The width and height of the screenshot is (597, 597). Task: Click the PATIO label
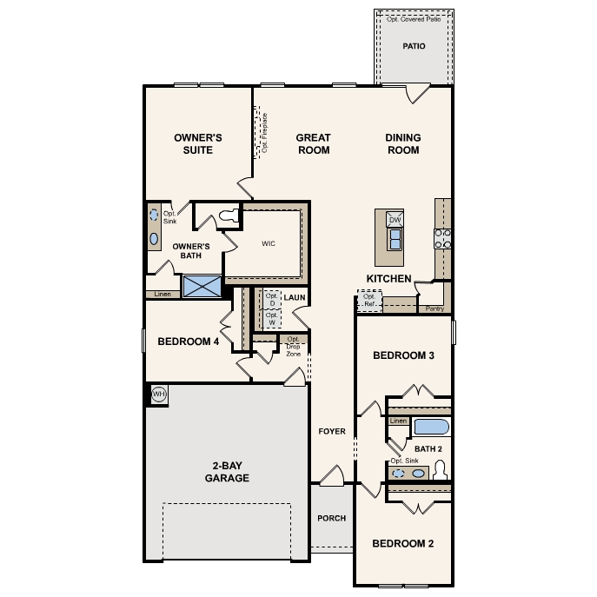tap(414, 46)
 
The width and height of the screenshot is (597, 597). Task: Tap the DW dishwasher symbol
tap(395, 219)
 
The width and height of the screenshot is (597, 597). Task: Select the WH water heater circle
tap(159, 394)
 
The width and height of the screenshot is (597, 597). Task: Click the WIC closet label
tap(269, 243)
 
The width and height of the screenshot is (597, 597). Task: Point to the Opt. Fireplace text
tap(265, 133)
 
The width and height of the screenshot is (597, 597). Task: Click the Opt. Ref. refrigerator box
tap(369, 300)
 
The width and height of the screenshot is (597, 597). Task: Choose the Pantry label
tap(434, 308)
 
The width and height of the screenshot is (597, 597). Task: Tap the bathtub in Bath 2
tap(431, 427)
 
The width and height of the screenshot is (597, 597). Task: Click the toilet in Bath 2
tap(440, 470)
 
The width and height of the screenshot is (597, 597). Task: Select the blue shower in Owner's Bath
tap(202, 286)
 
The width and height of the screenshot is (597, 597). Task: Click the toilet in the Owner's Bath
tap(229, 216)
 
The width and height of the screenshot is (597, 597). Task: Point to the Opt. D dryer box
tap(272, 299)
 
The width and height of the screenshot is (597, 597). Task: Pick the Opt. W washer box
tap(272, 319)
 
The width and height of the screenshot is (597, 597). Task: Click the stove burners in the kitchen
tap(443, 239)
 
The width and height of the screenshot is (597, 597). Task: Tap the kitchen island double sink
tap(395, 239)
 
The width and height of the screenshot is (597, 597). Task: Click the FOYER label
tap(332, 431)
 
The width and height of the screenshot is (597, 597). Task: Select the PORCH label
tap(332, 518)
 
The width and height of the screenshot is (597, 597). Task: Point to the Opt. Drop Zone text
tap(293, 347)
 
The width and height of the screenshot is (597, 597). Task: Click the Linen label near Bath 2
tap(398, 421)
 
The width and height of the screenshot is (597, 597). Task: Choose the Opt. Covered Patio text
tap(414, 19)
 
